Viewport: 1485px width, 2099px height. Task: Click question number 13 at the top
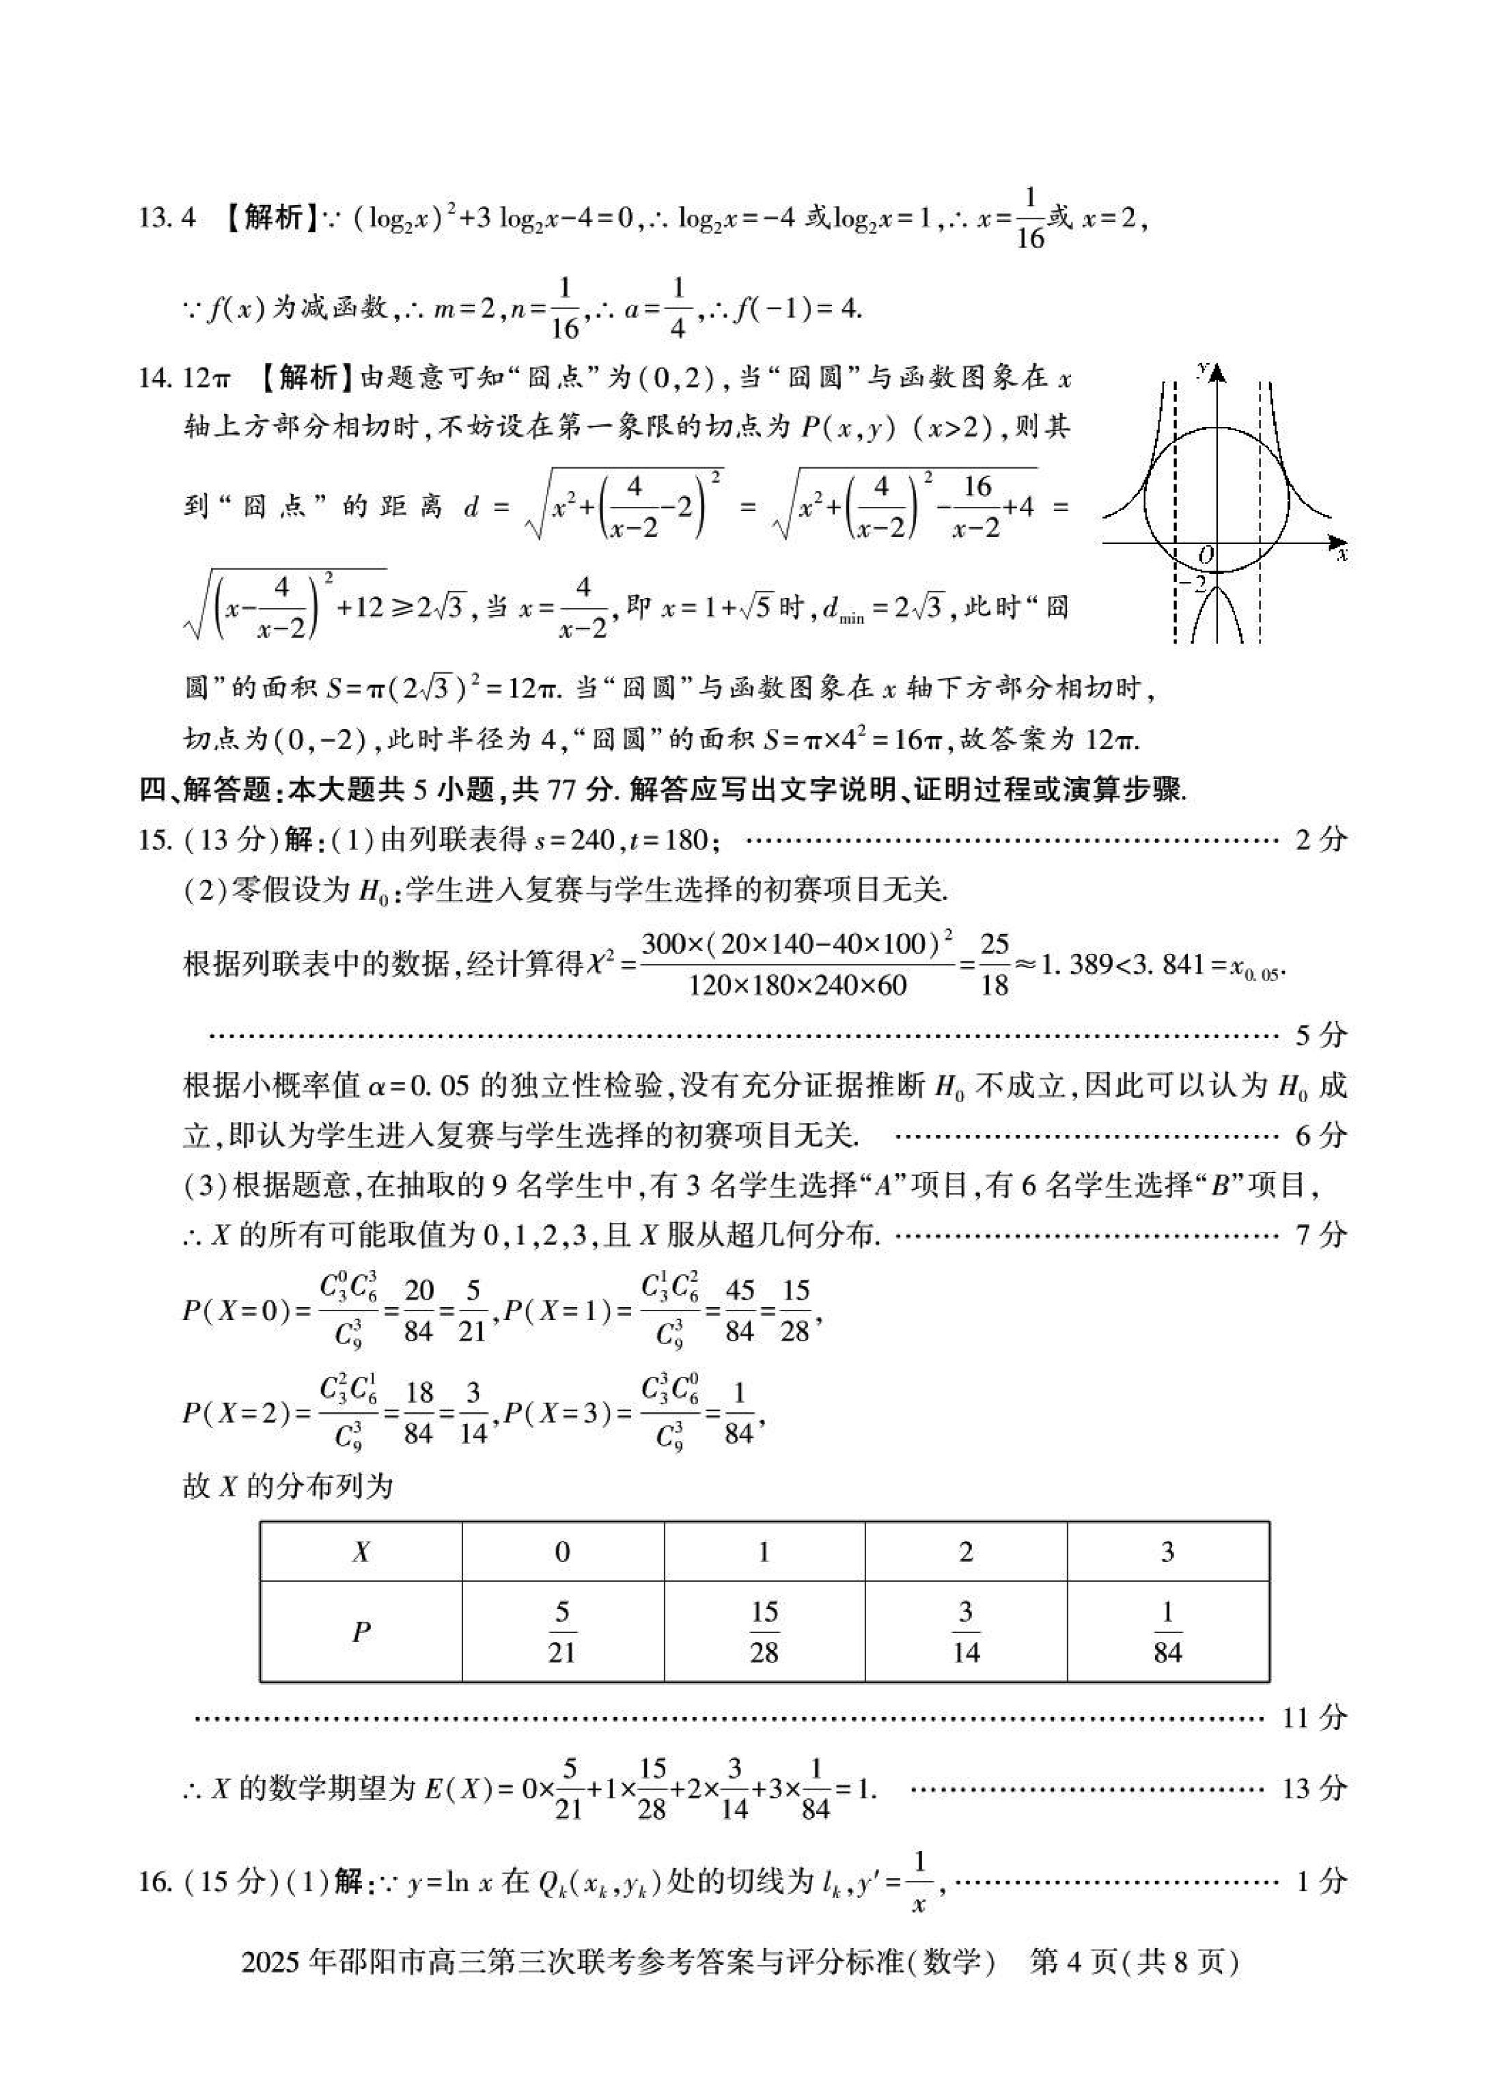[151, 219]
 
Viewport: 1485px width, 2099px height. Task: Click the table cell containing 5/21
[562, 1632]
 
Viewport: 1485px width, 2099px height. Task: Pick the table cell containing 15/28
[764, 1632]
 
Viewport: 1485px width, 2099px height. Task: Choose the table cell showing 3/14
[966, 1632]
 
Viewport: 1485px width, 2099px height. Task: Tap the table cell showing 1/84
[1167, 1632]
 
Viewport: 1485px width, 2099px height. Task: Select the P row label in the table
[361, 1632]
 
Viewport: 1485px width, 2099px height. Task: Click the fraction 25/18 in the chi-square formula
[994, 965]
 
